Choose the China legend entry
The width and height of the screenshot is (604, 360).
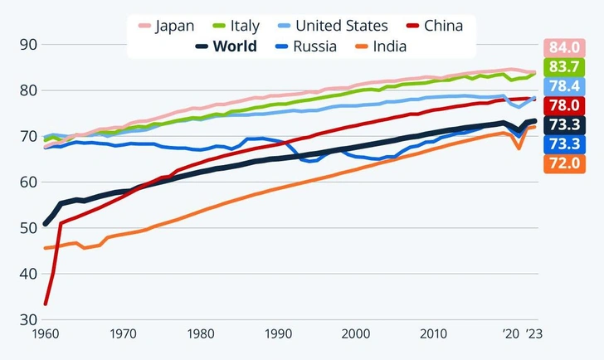pyautogui.click(x=431, y=26)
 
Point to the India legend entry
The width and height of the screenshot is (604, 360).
pyautogui.click(x=380, y=46)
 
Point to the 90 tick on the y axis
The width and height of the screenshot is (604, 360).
pyautogui.click(x=28, y=44)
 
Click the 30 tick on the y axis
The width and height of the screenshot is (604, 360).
pyautogui.click(x=28, y=319)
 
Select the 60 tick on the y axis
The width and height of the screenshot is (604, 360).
pyautogui.click(x=28, y=182)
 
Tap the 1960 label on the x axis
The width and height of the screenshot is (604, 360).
pyautogui.click(x=45, y=334)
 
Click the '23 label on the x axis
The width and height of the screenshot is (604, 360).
pyautogui.click(x=534, y=334)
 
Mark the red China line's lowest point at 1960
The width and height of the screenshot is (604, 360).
pyautogui.click(x=45, y=304)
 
